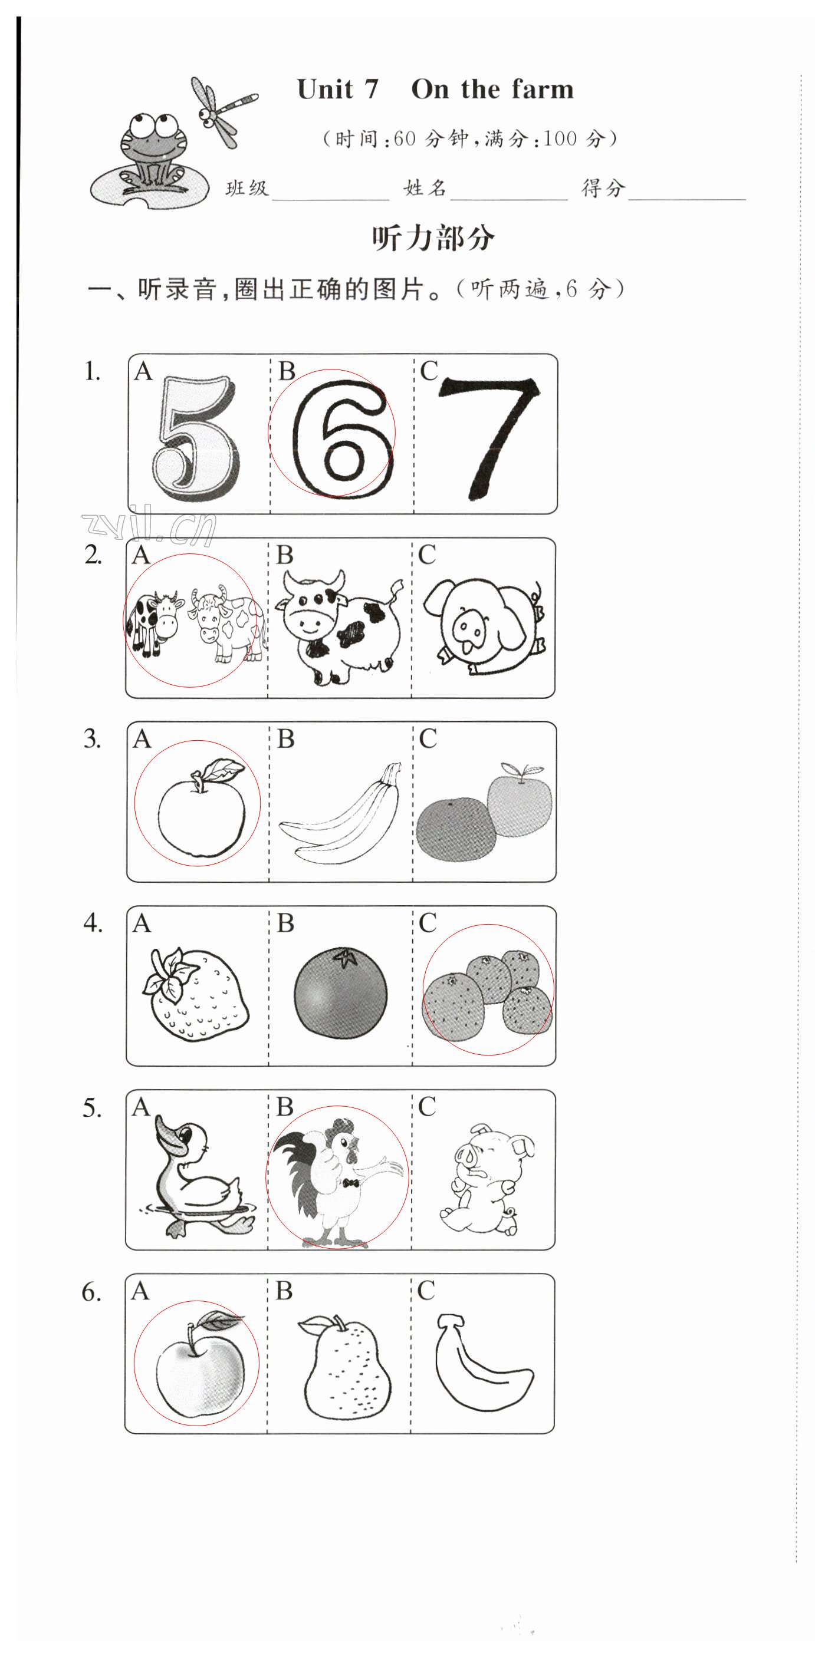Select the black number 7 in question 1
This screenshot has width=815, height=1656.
[x=489, y=437]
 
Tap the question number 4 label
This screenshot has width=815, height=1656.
[x=93, y=923]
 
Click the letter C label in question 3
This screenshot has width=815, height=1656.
[x=428, y=738]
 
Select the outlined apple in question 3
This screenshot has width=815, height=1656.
[x=201, y=807]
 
